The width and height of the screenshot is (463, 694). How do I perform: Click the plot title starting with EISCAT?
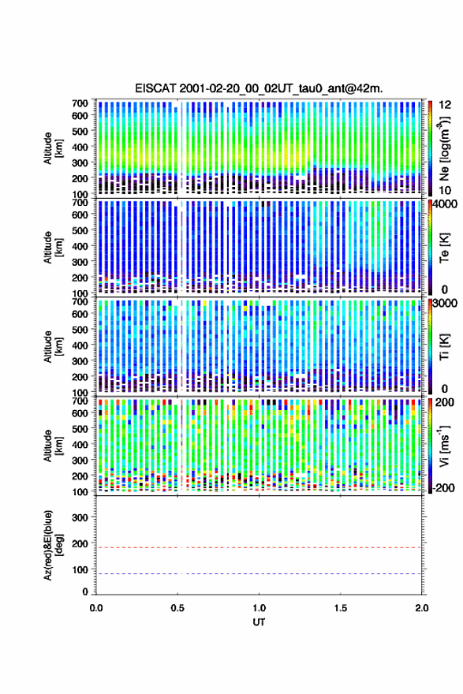pyautogui.click(x=259, y=88)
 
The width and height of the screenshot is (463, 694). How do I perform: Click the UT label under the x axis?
pyautogui.click(x=259, y=622)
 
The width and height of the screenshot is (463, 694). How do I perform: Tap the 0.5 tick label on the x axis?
pyautogui.click(x=177, y=608)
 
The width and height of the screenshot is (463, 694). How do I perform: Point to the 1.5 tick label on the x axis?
pyautogui.click(x=341, y=608)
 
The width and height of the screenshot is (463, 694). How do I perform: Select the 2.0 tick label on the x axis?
pyautogui.click(x=422, y=608)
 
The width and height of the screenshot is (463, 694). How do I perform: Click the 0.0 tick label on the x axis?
pyautogui.click(x=96, y=608)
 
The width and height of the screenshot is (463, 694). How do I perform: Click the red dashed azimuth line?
pyautogui.click(x=259, y=547)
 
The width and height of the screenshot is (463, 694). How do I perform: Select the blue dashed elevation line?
pyautogui.click(x=259, y=573)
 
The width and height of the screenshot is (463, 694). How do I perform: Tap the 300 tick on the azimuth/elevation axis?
pyautogui.click(x=80, y=517)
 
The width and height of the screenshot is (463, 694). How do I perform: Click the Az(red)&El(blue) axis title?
pyautogui.click(x=53, y=545)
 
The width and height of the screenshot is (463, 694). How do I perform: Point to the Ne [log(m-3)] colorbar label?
pyautogui.click(x=444, y=149)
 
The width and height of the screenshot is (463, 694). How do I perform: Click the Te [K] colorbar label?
pyautogui.click(x=444, y=248)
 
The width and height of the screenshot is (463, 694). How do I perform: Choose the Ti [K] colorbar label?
pyautogui.click(x=444, y=347)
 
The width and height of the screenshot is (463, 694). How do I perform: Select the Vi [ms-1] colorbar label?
pyautogui.click(x=444, y=446)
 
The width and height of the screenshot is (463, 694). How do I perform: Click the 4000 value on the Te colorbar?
pyautogui.click(x=445, y=205)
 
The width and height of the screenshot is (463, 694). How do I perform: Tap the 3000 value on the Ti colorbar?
pyautogui.click(x=445, y=303)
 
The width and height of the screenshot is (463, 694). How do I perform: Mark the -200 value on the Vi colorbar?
pyautogui.click(x=443, y=487)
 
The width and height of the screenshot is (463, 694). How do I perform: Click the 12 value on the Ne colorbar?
pyautogui.click(x=446, y=105)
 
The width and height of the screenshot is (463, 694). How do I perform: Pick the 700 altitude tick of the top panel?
pyautogui.click(x=80, y=103)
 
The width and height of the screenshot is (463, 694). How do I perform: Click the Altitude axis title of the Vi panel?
pyautogui.click(x=53, y=446)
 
